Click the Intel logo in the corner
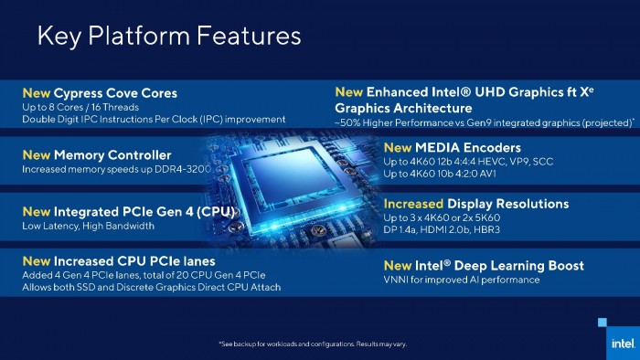[620, 344]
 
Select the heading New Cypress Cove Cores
[99, 93]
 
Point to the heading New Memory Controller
[96, 155]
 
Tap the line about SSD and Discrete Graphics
[151, 288]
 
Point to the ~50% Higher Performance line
[485, 122]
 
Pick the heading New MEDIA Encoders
[452, 147]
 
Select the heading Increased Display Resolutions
[475, 203]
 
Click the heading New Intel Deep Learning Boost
[484, 266]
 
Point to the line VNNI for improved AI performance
[462, 280]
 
